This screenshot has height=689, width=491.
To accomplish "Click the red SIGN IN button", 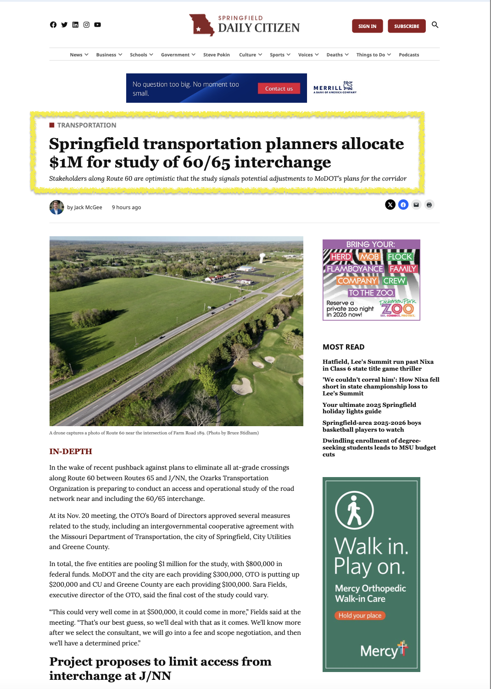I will tap(367, 26).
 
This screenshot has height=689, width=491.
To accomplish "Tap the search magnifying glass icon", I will tap(435, 25).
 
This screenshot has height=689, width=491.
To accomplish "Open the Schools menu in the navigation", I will tap(141, 55).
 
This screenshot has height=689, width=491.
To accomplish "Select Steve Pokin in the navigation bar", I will tap(217, 55).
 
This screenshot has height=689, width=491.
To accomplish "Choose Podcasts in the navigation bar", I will tap(409, 55).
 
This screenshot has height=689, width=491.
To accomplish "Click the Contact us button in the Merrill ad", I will tap(279, 89).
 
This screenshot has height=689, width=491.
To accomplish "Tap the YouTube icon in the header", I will tap(98, 25).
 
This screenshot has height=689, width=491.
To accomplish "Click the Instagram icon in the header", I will tap(86, 25).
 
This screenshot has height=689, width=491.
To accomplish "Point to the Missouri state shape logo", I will tap(201, 25).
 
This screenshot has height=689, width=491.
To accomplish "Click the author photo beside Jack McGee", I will tap(57, 207).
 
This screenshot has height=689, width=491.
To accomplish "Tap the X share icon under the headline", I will tap(390, 205).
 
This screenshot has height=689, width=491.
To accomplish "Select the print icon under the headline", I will tap(429, 205).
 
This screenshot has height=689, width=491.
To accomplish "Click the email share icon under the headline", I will tap(416, 205).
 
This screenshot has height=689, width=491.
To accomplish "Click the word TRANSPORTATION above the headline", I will tap(87, 125).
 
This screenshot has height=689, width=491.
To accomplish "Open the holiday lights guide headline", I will tap(369, 408).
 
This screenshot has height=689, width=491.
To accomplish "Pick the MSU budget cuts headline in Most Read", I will tap(379, 447).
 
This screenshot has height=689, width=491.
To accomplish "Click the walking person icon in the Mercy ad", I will tap(354, 510).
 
